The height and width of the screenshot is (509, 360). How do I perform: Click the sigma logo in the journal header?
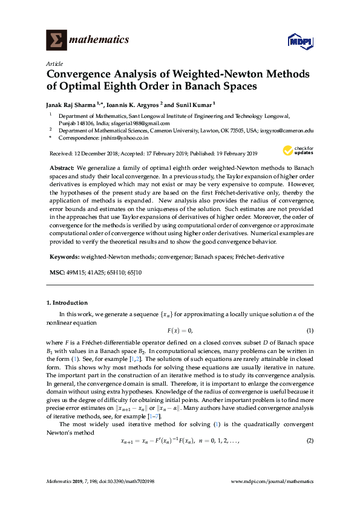(x=56, y=40)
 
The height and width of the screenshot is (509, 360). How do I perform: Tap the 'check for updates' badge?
(x=296, y=151)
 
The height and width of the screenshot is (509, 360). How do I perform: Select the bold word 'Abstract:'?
(x=62, y=166)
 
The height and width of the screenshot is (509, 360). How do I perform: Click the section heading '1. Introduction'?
(x=67, y=302)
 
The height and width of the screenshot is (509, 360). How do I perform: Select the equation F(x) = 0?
(x=180, y=331)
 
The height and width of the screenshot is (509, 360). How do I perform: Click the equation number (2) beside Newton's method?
(x=310, y=423)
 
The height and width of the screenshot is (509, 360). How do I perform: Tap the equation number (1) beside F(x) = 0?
(x=310, y=331)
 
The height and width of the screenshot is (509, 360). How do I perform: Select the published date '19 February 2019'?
(x=232, y=153)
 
